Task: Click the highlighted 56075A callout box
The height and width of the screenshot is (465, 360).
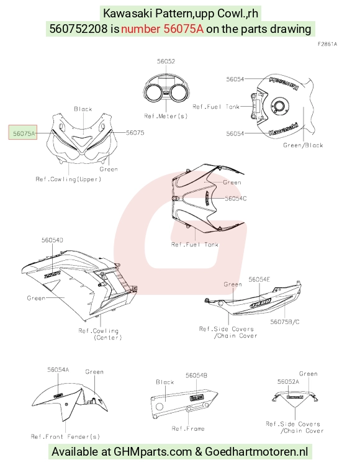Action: tap(23, 132)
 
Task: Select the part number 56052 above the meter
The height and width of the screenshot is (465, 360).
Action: tap(166, 61)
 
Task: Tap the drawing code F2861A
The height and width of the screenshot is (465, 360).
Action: tap(327, 44)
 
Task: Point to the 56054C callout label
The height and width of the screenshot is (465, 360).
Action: tap(236, 199)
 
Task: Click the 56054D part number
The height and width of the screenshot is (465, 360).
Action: tap(52, 240)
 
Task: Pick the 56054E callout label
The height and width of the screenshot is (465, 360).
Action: tap(259, 279)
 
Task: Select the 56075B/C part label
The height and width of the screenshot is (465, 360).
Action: tap(285, 322)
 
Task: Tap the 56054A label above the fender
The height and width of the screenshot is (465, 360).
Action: tap(58, 370)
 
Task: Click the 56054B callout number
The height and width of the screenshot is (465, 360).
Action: tap(196, 376)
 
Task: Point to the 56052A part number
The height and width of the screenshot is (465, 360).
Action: tap(288, 382)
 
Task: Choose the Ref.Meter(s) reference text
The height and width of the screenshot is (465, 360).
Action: tap(166, 116)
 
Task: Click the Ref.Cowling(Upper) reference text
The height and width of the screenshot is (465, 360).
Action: tap(68, 179)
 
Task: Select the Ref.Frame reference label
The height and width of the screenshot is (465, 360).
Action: tap(188, 428)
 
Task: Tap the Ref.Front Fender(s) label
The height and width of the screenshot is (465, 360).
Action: tap(65, 436)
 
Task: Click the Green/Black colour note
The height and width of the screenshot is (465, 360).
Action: tap(303, 145)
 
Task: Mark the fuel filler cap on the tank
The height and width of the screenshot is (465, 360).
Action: tap(279, 106)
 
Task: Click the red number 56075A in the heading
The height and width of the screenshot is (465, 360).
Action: tap(162, 29)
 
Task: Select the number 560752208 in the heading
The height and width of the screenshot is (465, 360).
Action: tap(78, 29)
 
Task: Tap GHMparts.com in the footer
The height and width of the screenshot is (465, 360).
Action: tap(153, 452)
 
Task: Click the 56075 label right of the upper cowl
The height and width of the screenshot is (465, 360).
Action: tap(135, 133)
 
